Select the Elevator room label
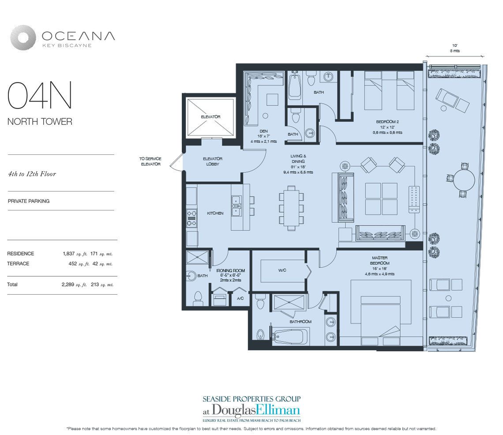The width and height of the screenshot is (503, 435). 210,117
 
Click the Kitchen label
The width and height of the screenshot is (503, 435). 215,213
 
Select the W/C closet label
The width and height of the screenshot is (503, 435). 282,270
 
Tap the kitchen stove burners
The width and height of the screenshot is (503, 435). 191,218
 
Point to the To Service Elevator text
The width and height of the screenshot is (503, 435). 150,161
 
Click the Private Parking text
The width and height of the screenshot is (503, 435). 28,201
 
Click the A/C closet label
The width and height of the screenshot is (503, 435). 240,298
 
